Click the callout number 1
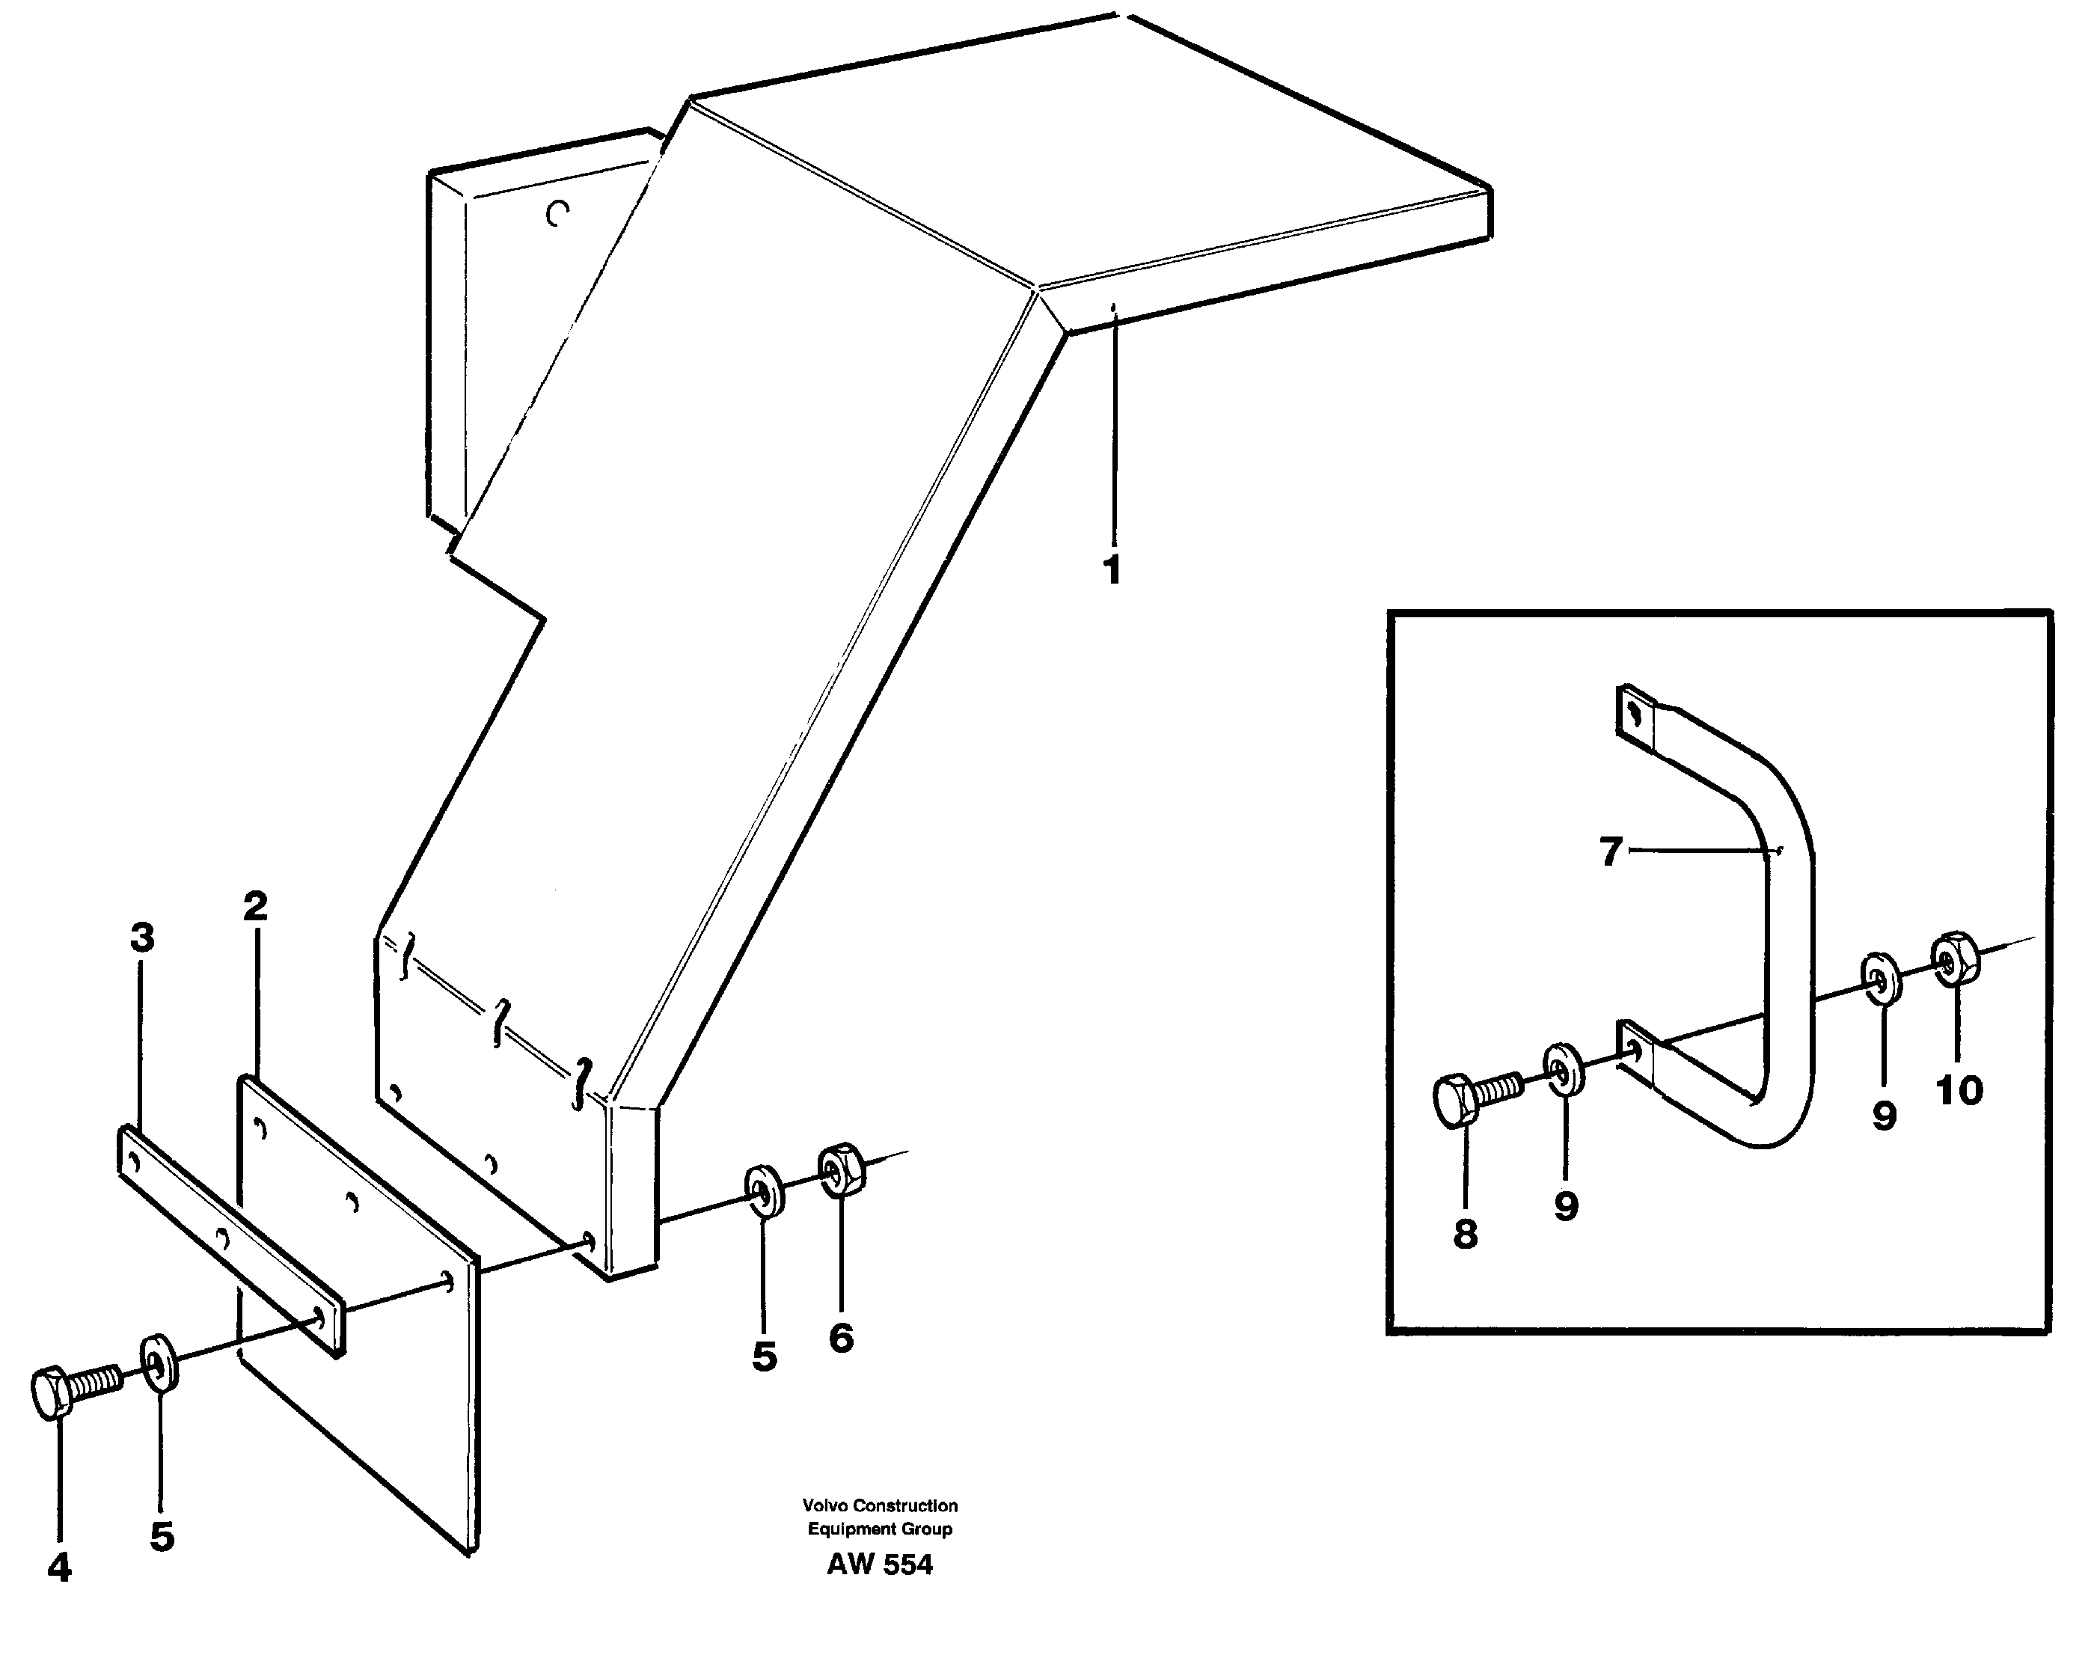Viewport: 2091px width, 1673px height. [x=1112, y=570]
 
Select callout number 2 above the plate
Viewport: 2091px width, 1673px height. [x=255, y=907]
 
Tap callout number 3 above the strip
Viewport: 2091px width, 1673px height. [x=143, y=938]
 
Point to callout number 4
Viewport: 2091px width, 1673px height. [x=59, y=1568]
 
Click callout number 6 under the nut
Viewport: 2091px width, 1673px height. [x=841, y=1339]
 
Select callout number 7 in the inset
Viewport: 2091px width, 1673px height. [x=1610, y=852]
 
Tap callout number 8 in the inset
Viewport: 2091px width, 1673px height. [x=1466, y=1234]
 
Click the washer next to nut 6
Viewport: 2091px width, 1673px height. [x=765, y=1192]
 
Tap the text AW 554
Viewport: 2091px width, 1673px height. [x=879, y=1565]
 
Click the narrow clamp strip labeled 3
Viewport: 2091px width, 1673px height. [x=231, y=1241]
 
